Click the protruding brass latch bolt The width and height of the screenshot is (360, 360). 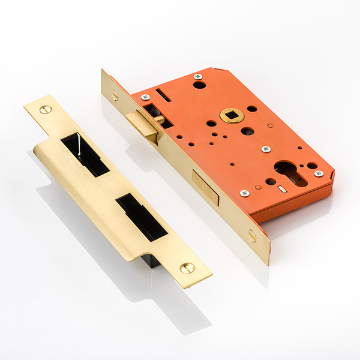pyautogui.click(x=143, y=125)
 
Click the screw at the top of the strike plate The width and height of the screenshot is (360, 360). pyautogui.click(x=46, y=109)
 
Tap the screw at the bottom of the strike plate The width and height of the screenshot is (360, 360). pyautogui.click(x=188, y=268)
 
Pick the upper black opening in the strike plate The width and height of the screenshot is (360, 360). pyautogui.click(x=85, y=154)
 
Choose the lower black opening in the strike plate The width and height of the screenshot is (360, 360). pyautogui.click(x=142, y=217)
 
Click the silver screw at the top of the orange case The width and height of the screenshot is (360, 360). pyautogui.click(x=198, y=77)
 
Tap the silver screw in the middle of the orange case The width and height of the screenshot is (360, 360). pyautogui.click(x=266, y=149)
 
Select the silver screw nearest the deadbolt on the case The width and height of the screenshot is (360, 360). pyautogui.click(x=244, y=193)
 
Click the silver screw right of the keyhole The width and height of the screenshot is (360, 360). pyautogui.click(x=319, y=173)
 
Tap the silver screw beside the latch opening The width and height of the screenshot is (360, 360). pyautogui.click(x=145, y=97)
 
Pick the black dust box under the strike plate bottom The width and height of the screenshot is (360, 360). pyautogui.click(x=148, y=262)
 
